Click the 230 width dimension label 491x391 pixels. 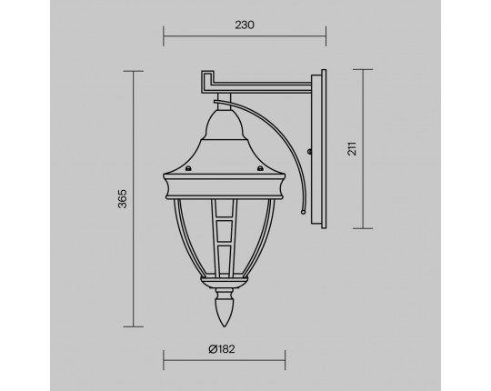tap(245, 25)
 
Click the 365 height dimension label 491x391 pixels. tap(123, 199)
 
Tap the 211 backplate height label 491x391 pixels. tap(352, 149)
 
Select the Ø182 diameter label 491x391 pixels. tap(222, 349)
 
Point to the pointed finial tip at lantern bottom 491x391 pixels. tap(224, 326)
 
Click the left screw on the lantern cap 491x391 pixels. tap(188, 169)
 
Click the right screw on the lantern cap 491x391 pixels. tap(260, 169)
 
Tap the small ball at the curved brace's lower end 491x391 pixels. tap(303, 212)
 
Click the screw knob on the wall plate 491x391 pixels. tap(309, 152)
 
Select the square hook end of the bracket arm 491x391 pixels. tap(208, 81)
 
